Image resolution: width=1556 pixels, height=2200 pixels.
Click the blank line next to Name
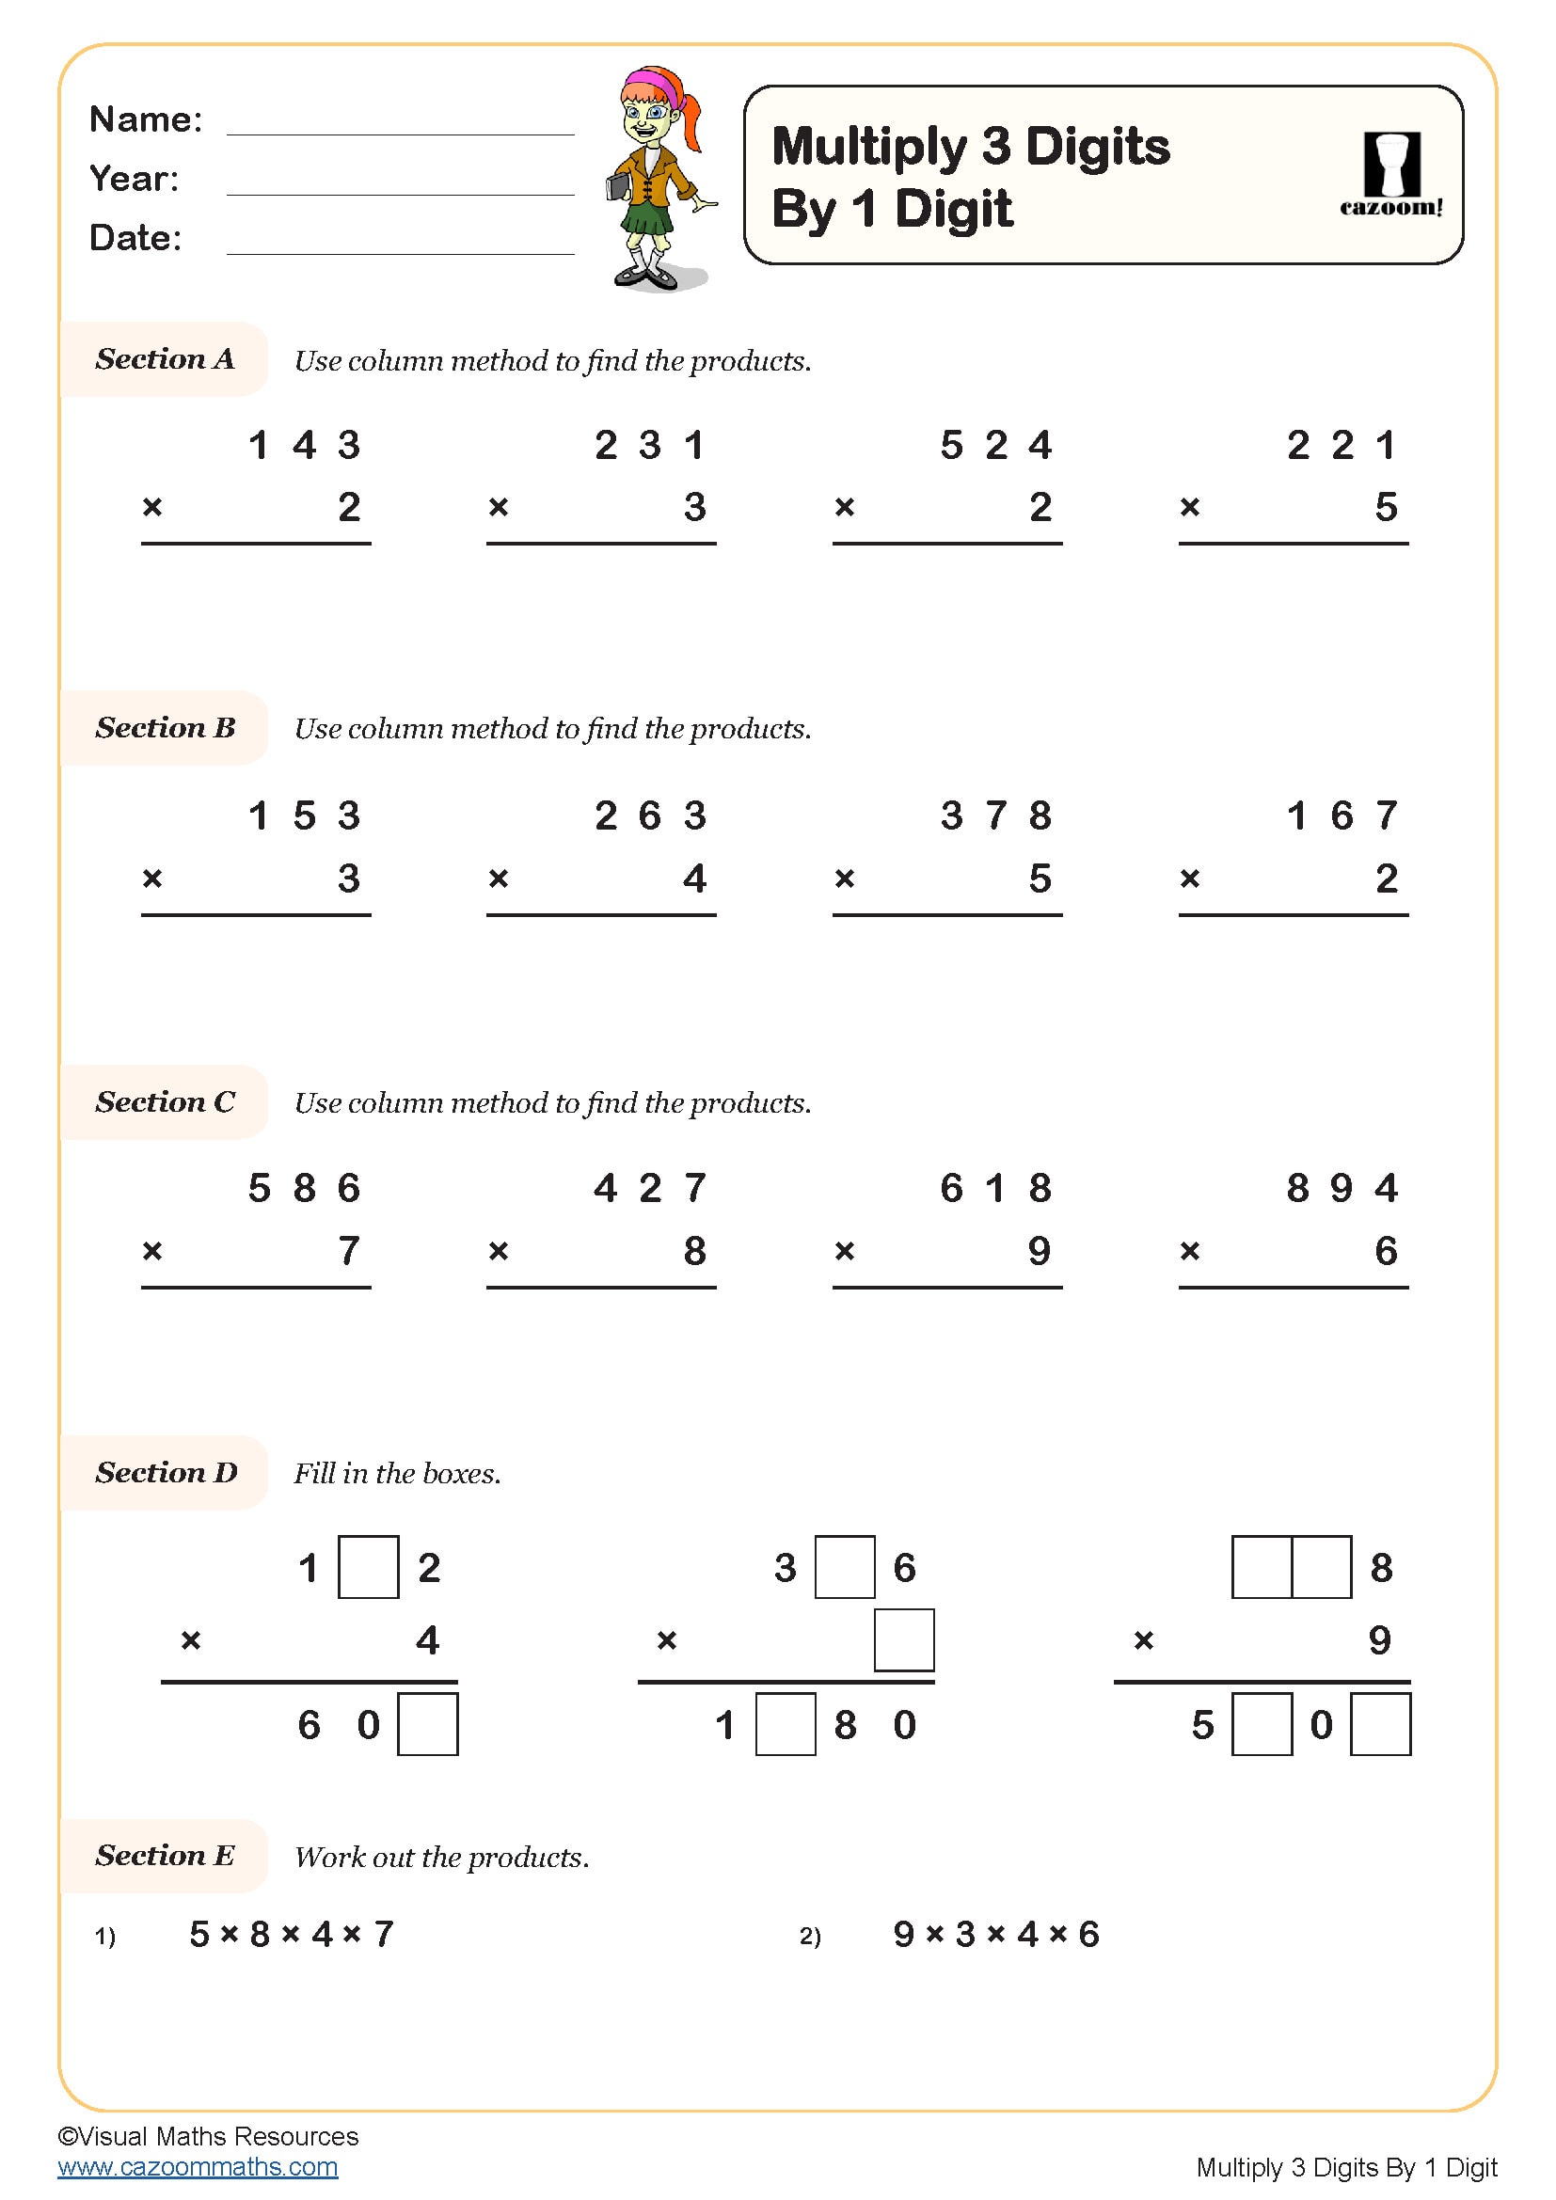point(400,133)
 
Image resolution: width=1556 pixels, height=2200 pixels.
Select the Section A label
point(165,359)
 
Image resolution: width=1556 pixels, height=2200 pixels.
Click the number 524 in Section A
point(995,445)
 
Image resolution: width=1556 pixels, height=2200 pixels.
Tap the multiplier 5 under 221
point(1386,507)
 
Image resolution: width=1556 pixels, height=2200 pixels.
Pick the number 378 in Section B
point(995,815)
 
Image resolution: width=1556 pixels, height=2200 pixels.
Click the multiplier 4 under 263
point(694,878)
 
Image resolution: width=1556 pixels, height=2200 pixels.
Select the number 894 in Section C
point(1342,1188)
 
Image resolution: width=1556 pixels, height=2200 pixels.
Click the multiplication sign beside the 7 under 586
point(152,1250)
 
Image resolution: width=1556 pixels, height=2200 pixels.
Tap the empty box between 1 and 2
point(369,1568)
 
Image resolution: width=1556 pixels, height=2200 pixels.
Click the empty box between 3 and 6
point(845,1568)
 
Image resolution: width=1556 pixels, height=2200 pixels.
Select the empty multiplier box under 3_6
point(904,1640)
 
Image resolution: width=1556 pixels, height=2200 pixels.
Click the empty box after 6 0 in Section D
point(427,1725)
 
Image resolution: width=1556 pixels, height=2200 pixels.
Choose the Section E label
point(165,1856)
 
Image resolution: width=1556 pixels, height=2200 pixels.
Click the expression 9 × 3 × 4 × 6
point(995,1935)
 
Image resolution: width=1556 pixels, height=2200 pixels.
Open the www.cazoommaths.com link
point(198,2166)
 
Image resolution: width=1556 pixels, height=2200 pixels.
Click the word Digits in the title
point(1097,147)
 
